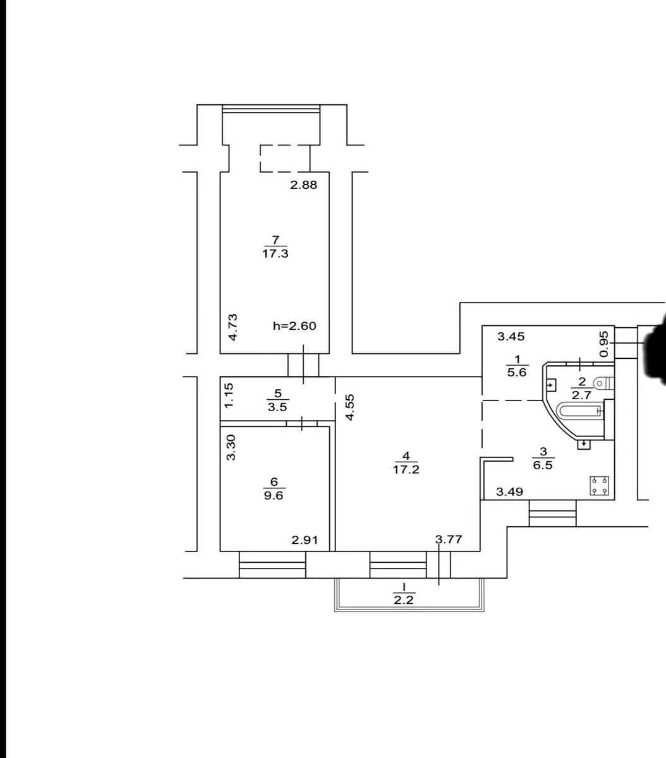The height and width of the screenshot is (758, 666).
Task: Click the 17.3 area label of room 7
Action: tap(275, 254)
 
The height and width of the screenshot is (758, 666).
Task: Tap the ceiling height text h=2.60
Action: tap(294, 326)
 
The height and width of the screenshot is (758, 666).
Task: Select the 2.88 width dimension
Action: tap(303, 185)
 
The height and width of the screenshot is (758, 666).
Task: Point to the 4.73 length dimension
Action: tap(233, 327)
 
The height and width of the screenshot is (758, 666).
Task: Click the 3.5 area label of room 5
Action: tap(277, 407)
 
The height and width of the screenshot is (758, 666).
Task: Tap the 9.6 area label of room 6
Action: tap(274, 496)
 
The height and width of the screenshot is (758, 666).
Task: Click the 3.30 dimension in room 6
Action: tap(231, 447)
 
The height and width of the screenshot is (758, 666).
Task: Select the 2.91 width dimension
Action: tap(305, 540)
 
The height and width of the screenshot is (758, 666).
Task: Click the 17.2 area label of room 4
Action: tap(406, 469)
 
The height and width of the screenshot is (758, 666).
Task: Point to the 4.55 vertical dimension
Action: tap(349, 407)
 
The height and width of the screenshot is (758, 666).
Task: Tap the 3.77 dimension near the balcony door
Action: tap(449, 539)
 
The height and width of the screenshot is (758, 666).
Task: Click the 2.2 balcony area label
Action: tap(404, 600)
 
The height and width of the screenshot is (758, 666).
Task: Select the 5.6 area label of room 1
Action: tap(517, 372)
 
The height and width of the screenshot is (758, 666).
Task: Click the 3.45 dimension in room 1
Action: tap(511, 336)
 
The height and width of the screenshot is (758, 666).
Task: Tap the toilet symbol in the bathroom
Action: tap(604, 383)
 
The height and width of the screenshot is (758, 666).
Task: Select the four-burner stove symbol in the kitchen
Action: tap(600, 486)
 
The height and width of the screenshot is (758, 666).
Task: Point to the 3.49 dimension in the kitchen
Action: tap(509, 491)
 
